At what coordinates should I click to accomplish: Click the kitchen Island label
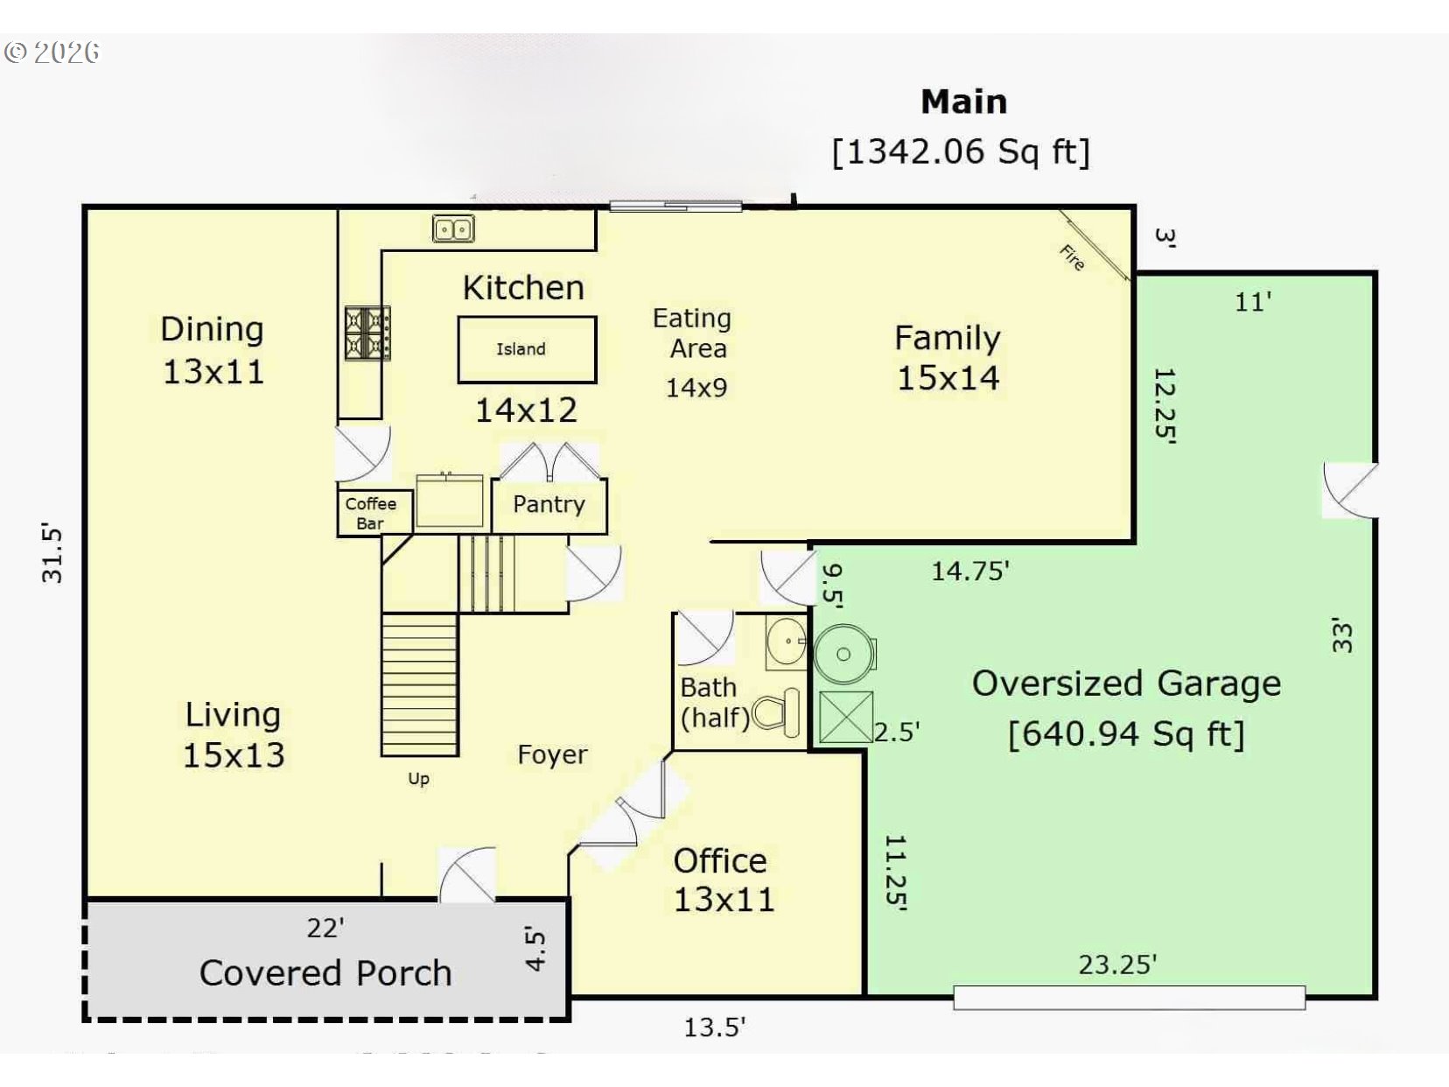tap(521, 348)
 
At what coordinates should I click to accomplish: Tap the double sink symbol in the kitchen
tap(453, 229)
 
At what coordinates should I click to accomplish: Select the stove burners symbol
tap(367, 333)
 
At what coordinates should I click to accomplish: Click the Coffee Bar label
tap(370, 513)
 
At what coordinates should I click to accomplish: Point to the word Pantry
tap(549, 504)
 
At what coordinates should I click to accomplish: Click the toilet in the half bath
tap(776, 712)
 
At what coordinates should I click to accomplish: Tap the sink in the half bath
tap(787, 641)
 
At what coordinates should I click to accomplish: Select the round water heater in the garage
tap(844, 654)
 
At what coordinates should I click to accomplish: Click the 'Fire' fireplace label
tap(1072, 257)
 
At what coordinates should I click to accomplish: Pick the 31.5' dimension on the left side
tap(52, 554)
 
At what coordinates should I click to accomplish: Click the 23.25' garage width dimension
tap(1117, 964)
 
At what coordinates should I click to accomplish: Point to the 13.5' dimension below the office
tap(714, 1027)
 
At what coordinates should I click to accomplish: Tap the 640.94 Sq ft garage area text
tap(1126, 734)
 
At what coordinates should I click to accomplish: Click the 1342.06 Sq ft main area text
tap(961, 152)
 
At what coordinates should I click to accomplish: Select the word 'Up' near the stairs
tap(418, 779)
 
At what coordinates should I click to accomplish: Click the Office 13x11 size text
tap(724, 900)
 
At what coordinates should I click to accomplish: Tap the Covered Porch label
tap(325, 973)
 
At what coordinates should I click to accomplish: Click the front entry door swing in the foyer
tap(467, 874)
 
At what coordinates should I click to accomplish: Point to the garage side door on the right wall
tap(1350, 490)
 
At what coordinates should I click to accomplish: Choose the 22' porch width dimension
tap(325, 928)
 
